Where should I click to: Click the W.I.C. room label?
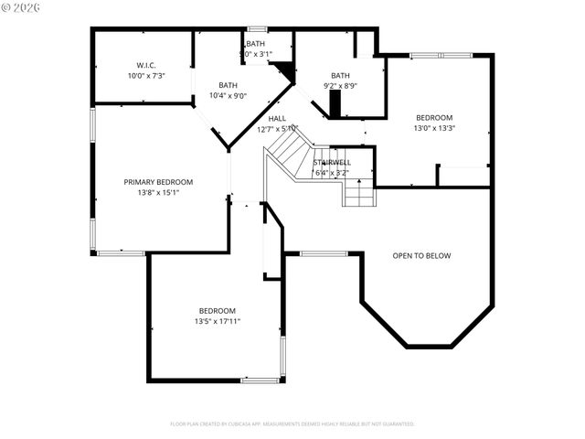tap(146, 65)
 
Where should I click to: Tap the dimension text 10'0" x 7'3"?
tap(146, 76)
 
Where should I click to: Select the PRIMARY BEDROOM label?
tap(158, 182)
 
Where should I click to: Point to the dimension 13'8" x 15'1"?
tap(158, 193)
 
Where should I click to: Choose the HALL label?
tap(277, 118)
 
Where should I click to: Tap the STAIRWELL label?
tap(331, 162)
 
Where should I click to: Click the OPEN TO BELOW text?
tap(421, 255)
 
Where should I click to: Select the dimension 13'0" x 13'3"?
tap(434, 128)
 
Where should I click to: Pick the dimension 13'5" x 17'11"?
tap(217, 321)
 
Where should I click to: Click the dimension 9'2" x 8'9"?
tap(340, 86)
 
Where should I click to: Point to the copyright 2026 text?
tap(22, 7)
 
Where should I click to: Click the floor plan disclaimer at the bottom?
tap(292, 423)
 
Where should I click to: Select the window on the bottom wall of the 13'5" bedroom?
tap(260, 380)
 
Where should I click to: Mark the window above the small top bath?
tap(257, 29)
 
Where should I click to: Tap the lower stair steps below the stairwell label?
tap(358, 193)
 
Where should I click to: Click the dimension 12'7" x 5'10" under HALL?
tap(277, 129)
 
